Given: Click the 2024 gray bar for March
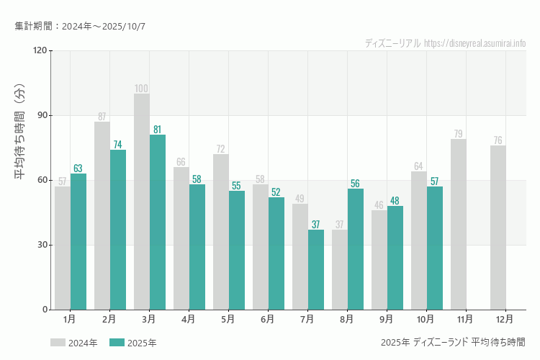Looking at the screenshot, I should tap(142, 202).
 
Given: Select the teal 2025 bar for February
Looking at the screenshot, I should tap(118, 230).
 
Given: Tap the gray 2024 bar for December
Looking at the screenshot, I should tap(498, 228).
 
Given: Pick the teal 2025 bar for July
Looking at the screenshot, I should tap(316, 269).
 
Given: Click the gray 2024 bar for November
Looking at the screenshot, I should tap(459, 224).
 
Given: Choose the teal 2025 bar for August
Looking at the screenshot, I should tap(356, 249).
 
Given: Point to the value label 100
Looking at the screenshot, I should tap(142, 89).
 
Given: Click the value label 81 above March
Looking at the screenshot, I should tap(158, 130).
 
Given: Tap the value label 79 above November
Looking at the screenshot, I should tap(459, 134).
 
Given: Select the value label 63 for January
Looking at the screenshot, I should tap(78, 168).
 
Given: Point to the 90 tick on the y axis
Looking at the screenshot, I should tap(40, 115).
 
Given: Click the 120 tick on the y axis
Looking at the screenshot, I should tap(39, 50).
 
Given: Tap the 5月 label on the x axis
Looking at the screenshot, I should tap(228, 318).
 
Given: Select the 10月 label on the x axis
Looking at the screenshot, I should tap(426, 318).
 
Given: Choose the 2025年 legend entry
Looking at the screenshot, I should tap(133, 343).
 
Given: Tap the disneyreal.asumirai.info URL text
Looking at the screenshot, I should tap(475, 43).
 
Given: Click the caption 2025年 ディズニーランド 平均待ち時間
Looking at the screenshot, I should tap(453, 342).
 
